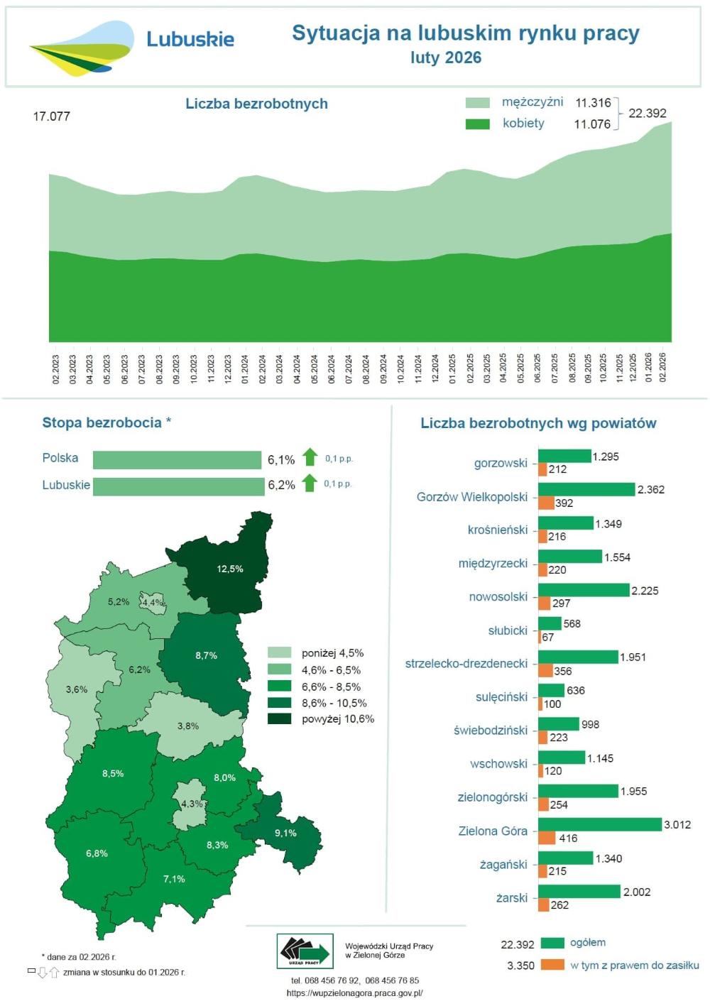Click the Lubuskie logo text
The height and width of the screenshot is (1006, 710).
click(190, 39)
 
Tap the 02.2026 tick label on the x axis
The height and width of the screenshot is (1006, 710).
click(663, 368)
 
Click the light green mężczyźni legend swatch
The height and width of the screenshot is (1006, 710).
click(477, 103)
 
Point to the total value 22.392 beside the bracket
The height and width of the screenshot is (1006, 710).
click(647, 114)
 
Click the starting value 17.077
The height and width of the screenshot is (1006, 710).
click(51, 116)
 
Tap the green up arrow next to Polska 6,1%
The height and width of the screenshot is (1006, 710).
click(310, 457)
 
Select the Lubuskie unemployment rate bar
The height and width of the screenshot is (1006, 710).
click(178, 486)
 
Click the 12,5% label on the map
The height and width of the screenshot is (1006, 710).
click(230, 569)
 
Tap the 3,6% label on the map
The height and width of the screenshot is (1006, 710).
click(77, 689)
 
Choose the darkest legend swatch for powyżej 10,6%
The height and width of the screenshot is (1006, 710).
click(279, 719)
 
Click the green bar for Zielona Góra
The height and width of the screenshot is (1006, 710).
click(599, 824)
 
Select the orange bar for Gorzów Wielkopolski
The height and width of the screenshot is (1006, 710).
click(545, 503)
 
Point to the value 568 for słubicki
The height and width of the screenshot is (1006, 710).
click(572, 624)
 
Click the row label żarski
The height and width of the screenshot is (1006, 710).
click(511, 898)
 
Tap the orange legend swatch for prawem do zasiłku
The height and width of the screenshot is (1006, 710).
click(552, 965)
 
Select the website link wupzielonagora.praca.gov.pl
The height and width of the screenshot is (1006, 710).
click(354, 993)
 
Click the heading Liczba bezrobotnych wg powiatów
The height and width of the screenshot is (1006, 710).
click(538, 424)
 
